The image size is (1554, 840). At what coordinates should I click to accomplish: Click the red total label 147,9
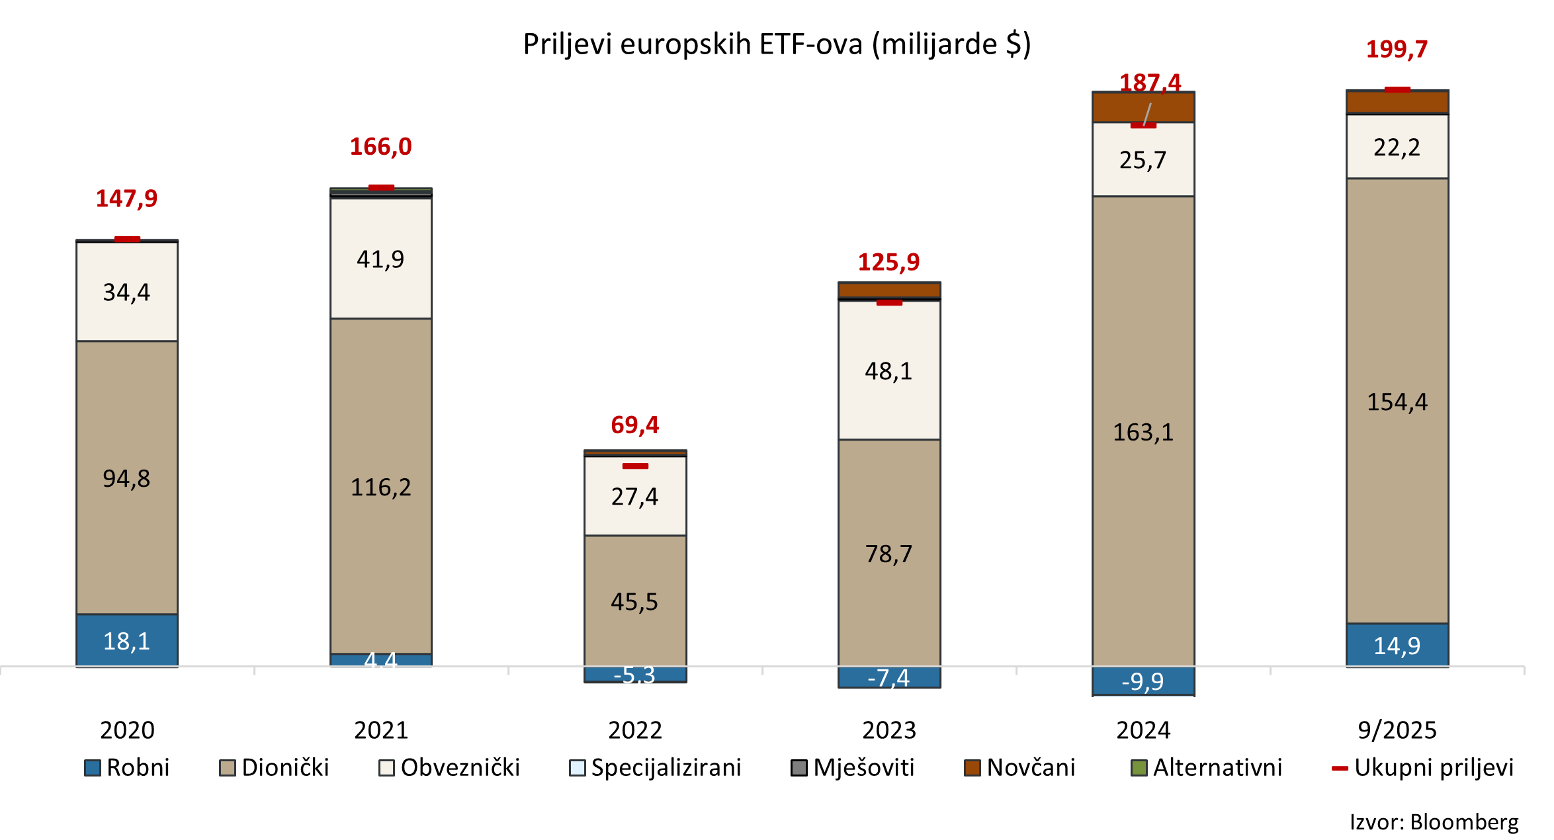point(127,198)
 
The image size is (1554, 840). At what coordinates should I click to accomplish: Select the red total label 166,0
point(380,147)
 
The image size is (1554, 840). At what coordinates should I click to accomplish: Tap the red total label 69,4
point(634,425)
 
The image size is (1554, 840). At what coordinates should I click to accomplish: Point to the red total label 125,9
point(888,263)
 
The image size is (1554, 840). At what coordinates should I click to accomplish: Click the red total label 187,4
point(1150,83)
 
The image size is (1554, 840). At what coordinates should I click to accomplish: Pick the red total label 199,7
point(1397,50)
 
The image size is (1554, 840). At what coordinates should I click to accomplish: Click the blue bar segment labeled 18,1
point(127,640)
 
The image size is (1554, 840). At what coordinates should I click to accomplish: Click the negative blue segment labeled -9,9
point(1143,681)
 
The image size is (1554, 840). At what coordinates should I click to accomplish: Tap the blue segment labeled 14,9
point(1397,645)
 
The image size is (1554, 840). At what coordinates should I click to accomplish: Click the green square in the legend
point(1139,768)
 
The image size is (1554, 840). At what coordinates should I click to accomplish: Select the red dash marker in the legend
point(1340,769)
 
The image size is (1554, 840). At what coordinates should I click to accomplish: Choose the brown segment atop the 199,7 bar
point(1397,103)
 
